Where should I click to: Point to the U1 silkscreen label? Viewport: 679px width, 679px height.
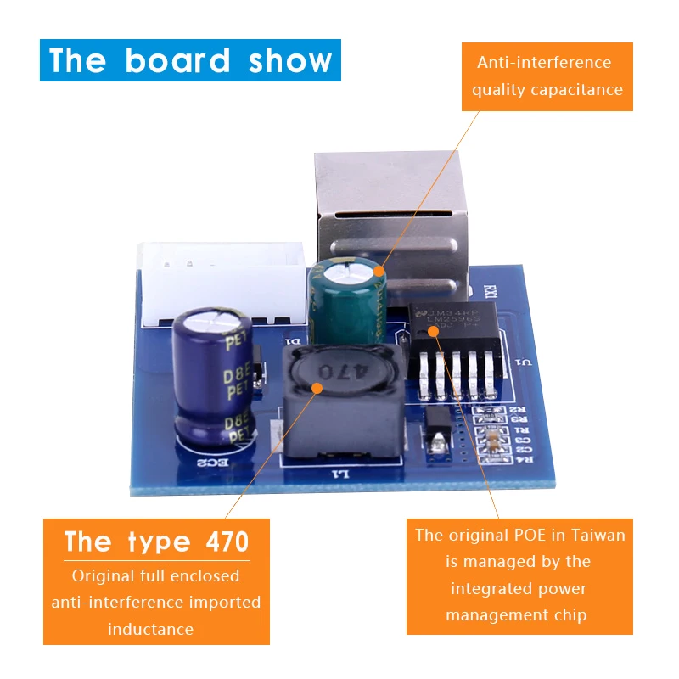tap(525, 362)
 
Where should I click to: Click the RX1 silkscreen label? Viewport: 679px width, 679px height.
tap(490, 289)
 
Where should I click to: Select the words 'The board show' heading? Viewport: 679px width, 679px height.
tap(190, 60)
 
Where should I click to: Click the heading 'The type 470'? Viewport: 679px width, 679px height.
tap(156, 542)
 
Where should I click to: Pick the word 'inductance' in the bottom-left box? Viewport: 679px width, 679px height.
tap(151, 629)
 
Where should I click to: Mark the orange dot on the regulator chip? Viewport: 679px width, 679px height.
tap(434, 332)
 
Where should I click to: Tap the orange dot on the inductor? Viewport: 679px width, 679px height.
tap(317, 389)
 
